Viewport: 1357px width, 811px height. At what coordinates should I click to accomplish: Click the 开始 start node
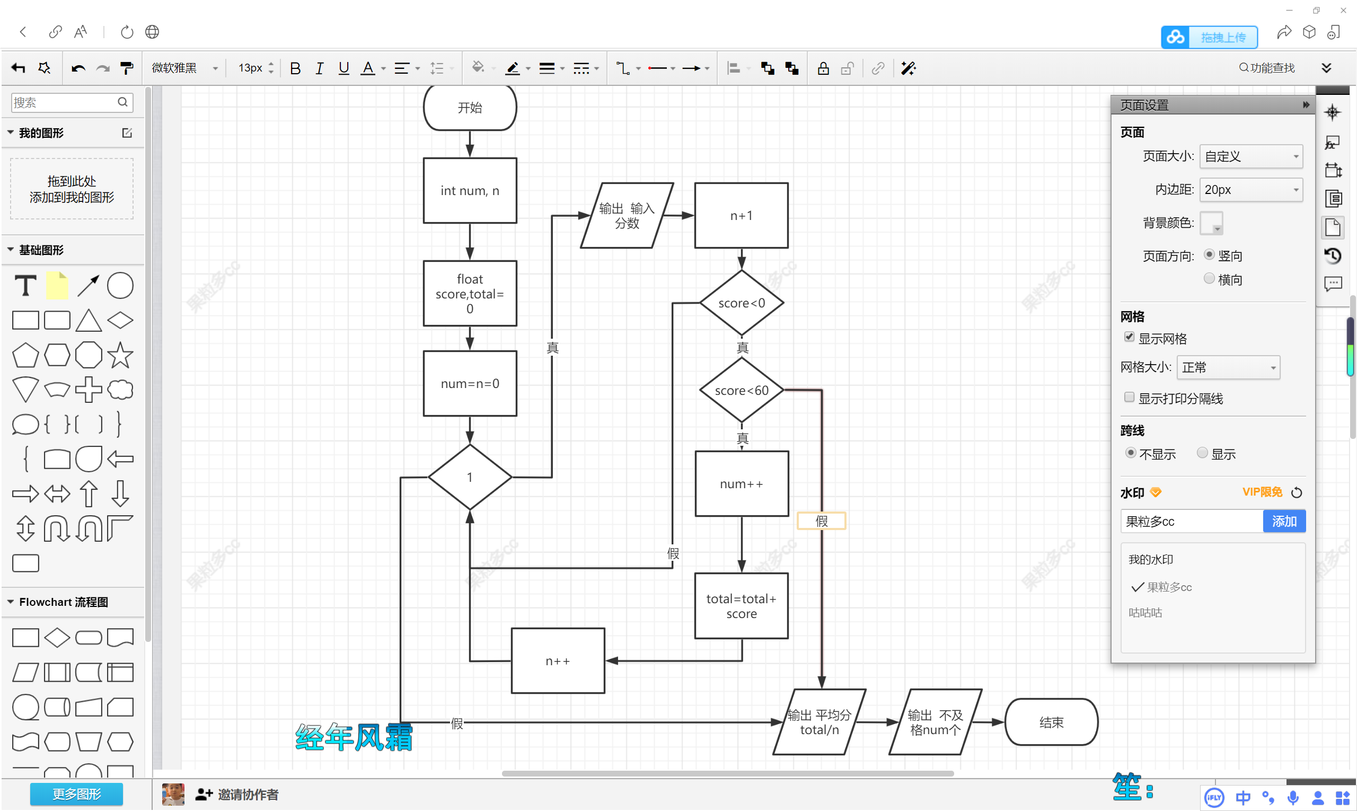click(470, 108)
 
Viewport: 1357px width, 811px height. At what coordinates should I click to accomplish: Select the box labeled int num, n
click(470, 191)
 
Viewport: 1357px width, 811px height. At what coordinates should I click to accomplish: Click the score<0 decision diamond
click(741, 303)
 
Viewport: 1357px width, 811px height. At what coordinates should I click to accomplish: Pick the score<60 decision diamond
click(741, 390)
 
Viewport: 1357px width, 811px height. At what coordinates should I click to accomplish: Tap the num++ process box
click(741, 483)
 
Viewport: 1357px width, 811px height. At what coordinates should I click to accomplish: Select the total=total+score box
click(741, 605)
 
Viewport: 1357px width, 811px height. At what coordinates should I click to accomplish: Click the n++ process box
click(558, 660)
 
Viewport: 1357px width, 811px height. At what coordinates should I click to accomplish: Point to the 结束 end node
click(1051, 722)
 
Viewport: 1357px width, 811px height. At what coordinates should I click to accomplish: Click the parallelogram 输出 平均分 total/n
click(818, 722)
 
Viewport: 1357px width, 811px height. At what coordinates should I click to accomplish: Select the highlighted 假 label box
click(821, 521)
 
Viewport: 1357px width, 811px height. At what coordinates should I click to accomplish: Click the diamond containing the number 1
click(470, 477)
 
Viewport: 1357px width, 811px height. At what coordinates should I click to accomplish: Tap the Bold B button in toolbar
click(295, 68)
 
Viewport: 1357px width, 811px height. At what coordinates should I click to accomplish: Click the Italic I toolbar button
click(319, 68)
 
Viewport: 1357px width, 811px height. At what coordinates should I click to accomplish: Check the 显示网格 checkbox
click(1129, 337)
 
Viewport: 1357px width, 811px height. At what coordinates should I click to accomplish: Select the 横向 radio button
click(1209, 279)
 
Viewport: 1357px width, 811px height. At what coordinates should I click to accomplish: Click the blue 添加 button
click(1283, 521)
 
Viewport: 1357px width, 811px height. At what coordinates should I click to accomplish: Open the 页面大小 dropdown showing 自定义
click(1250, 157)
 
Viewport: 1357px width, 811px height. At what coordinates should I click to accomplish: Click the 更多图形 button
click(76, 794)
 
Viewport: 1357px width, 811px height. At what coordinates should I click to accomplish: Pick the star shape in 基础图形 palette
click(120, 355)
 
